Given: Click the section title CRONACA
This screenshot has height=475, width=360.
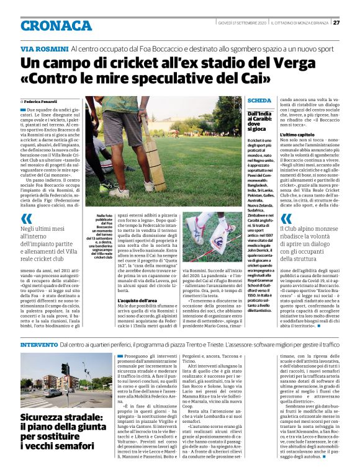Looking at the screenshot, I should click(56, 25).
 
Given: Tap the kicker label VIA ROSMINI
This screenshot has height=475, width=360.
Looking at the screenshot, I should click(44, 49).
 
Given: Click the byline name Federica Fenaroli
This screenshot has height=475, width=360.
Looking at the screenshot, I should click(43, 100).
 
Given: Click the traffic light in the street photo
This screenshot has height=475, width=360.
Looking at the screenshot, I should click(64, 368).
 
